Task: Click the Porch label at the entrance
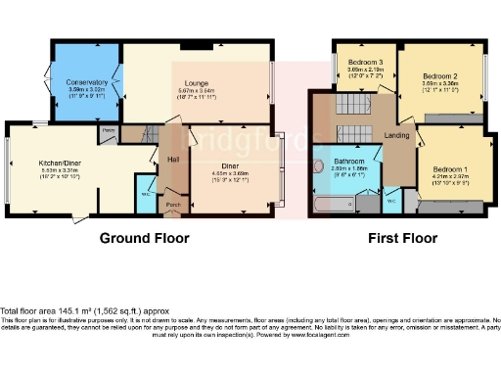pos(174,205)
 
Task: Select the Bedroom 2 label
pos(441,74)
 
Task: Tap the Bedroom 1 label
pos(451,168)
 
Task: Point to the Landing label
pos(396,135)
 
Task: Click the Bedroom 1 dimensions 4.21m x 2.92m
pos(451,178)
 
